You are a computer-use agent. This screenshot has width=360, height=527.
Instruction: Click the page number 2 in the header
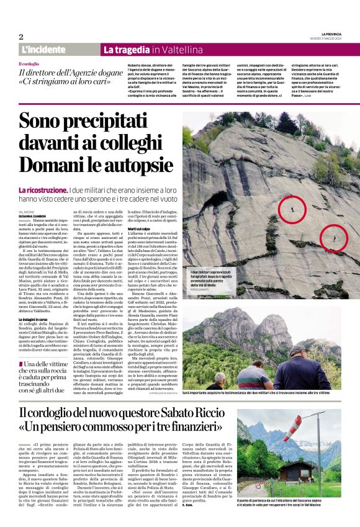pyautogui.click(x=20, y=37)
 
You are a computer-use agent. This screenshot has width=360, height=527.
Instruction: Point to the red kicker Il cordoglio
pyautogui.click(x=29, y=64)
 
